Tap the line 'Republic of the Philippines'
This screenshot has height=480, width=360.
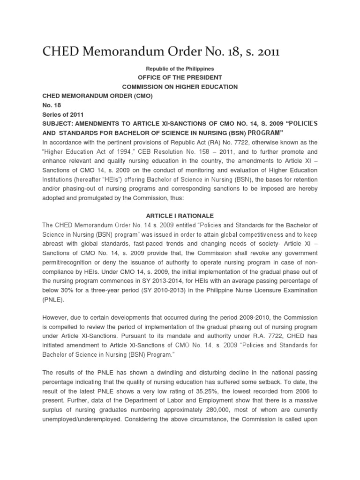(180, 69)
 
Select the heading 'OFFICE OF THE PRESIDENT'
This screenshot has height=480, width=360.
(180, 78)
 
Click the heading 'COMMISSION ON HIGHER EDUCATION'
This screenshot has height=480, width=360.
(180, 87)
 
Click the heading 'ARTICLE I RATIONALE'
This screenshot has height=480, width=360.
(180, 216)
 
